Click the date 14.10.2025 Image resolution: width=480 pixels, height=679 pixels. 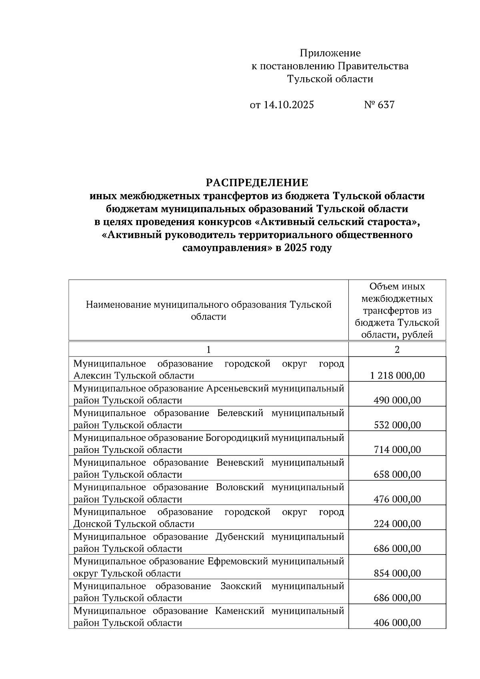click(288, 105)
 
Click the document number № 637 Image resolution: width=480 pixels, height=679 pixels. click(379, 105)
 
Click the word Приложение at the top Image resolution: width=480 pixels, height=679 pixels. click(330, 53)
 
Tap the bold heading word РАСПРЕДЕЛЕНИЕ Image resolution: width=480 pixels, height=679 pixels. click(257, 183)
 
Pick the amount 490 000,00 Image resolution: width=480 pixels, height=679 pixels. click(397, 401)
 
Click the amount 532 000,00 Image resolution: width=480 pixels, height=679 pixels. click(397, 425)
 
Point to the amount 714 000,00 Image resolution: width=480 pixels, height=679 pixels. click(397, 450)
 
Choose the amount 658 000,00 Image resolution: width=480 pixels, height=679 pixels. click(397, 475)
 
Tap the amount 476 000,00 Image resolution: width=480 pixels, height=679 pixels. click(397, 499)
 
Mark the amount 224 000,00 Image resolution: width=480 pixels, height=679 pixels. click(397, 524)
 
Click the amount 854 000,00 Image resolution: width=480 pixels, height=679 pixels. click(397, 573)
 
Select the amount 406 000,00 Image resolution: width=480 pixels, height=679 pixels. click(397, 623)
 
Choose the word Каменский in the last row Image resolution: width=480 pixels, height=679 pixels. click(240, 611)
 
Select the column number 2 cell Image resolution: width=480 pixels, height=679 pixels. click(397, 349)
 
